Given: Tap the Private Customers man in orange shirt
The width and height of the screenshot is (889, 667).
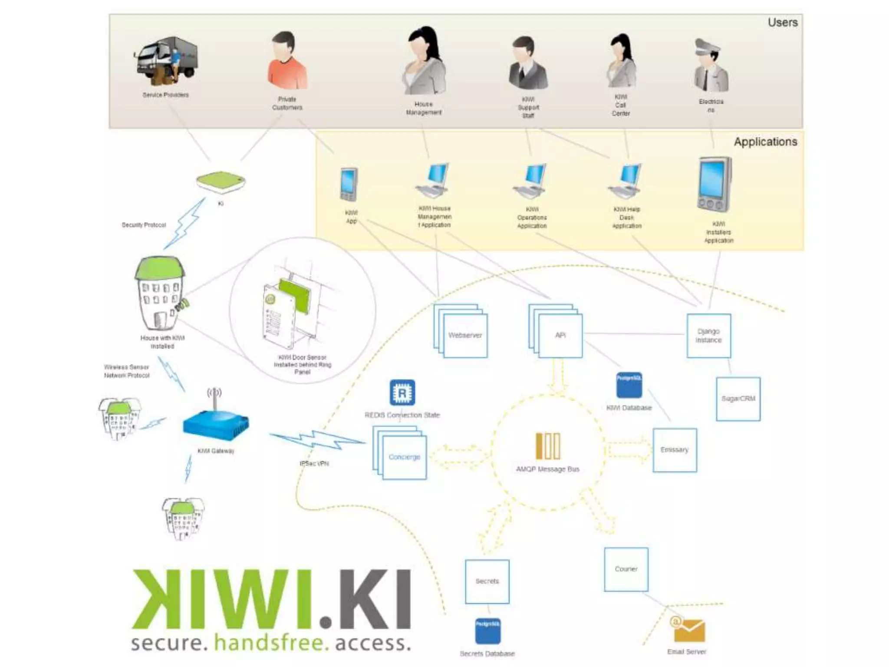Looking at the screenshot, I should (x=286, y=61).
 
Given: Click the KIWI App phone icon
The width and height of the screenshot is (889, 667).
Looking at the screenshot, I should (x=349, y=184).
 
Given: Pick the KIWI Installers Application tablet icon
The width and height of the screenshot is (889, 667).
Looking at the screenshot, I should (x=714, y=185).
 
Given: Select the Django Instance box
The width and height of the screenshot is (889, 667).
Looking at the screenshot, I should (x=708, y=336).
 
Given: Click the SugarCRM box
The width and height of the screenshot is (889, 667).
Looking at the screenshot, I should (x=738, y=399).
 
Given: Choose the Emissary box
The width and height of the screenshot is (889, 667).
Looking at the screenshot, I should (x=675, y=450).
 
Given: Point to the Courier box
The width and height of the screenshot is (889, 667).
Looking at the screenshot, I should (x=626, y=569).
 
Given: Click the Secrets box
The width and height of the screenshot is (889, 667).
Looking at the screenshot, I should (x=487, y=581).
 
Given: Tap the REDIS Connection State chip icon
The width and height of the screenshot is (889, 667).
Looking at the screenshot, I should (x=402, y=393).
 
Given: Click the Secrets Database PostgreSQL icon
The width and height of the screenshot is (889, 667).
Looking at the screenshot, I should (x=487, y=631).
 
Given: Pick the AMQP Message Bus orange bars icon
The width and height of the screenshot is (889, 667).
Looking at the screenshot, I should (x=547, y=446).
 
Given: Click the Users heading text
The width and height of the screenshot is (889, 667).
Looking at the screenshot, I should (x=783, y=23).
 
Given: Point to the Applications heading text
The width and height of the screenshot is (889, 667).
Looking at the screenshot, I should (x=765, y=142).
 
